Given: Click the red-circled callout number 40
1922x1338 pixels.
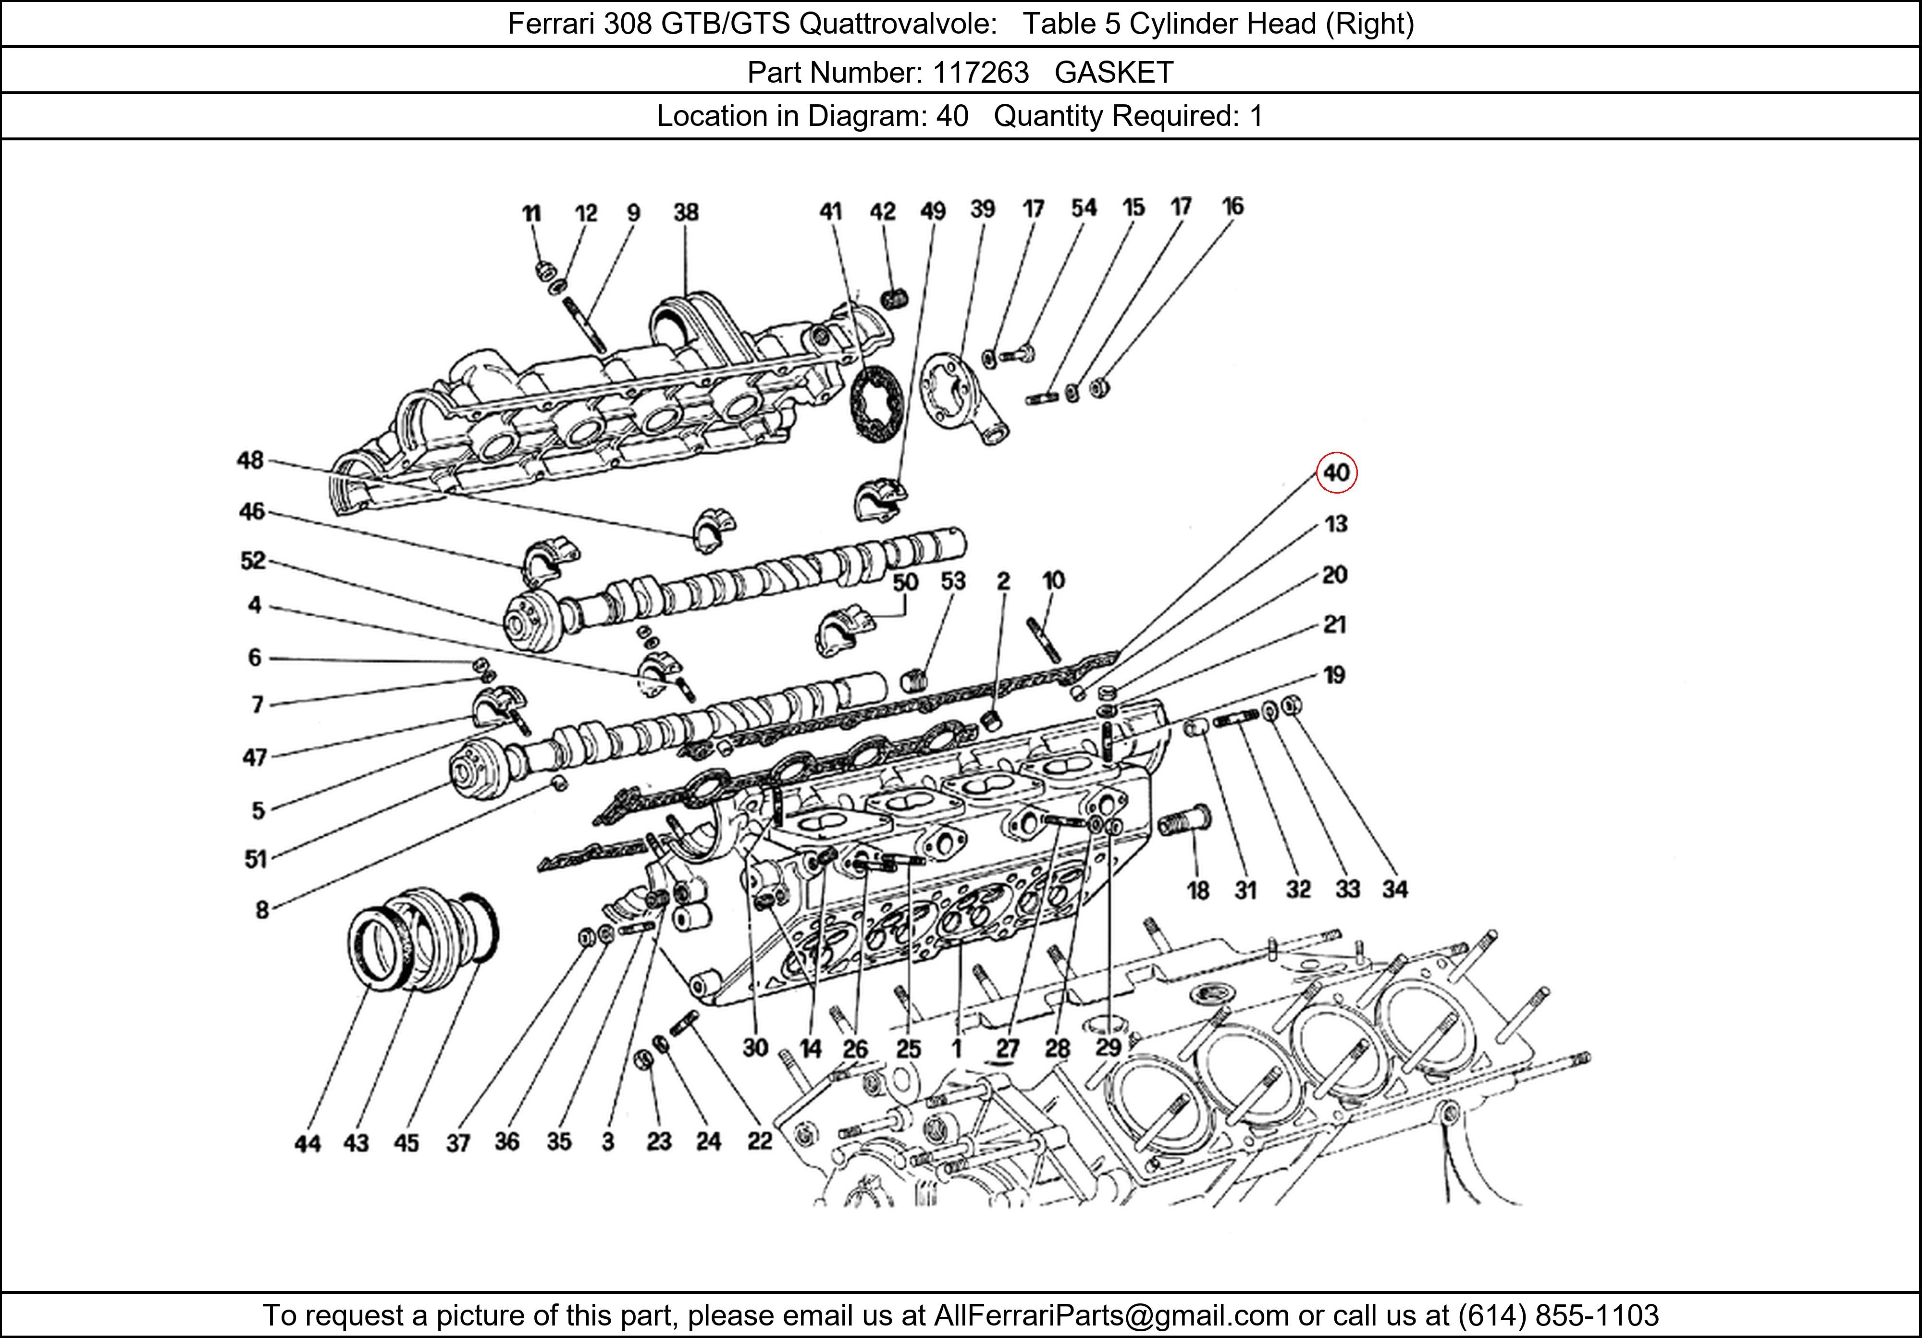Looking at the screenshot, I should click(1336, 473).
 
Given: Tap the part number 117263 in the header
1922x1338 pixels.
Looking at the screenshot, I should click(980, 73).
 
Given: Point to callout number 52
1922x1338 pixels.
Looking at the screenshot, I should click(253, 560).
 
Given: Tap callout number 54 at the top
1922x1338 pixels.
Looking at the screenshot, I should click(1084, 208).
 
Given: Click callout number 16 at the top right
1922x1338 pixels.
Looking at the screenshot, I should click(1232, 206).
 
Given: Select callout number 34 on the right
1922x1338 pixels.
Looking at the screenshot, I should click(1394, 889).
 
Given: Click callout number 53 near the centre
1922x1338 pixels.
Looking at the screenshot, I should click(953, 581).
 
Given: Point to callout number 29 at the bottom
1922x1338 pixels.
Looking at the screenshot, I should click(1109, 1047).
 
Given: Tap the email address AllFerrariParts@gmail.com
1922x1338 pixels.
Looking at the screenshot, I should click(1111, 1315).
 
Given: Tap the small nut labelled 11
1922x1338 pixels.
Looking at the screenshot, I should click(544, 271).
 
